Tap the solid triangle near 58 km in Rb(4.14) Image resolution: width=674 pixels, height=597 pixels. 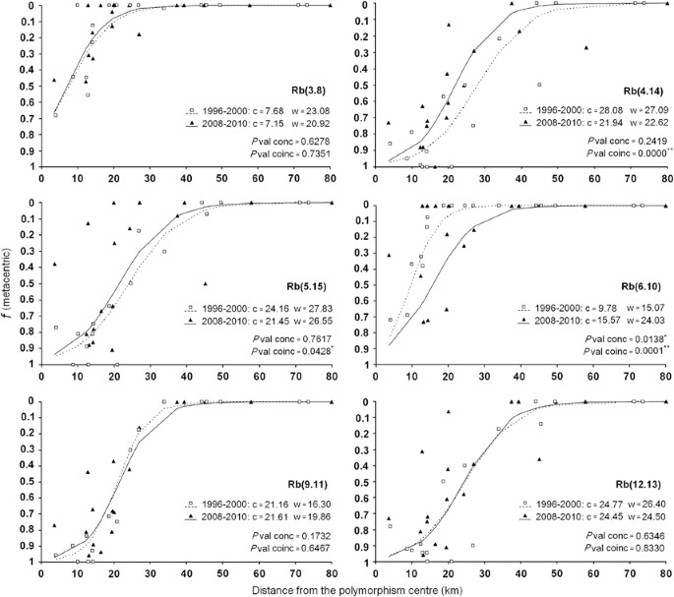pos(586,47)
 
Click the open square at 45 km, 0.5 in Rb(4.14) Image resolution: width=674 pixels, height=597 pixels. pos(539,85)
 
